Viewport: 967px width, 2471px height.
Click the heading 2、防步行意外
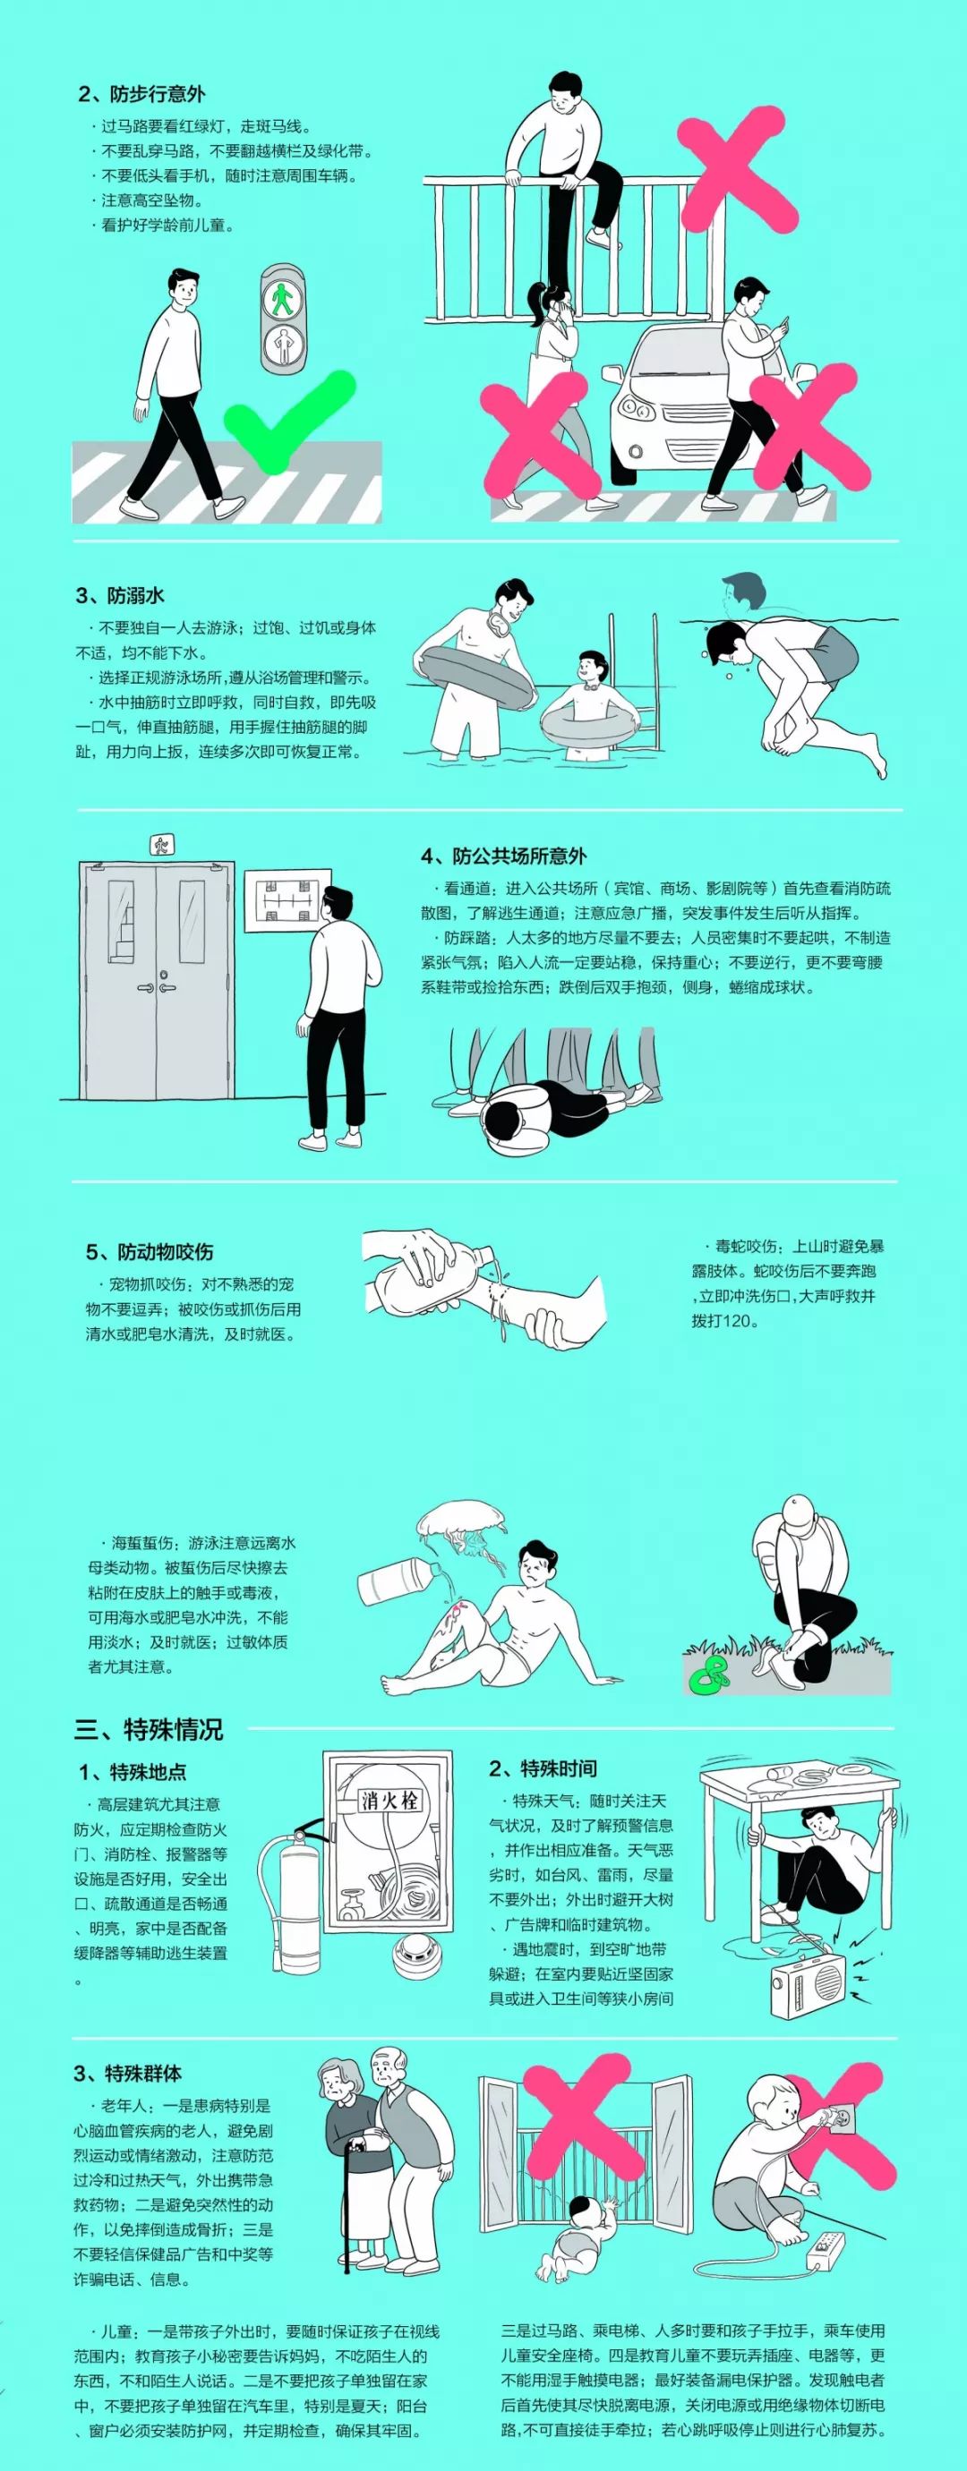click(142, 94)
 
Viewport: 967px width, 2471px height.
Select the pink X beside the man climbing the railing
click(737, 173)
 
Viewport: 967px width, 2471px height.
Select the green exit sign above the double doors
click(160, 845)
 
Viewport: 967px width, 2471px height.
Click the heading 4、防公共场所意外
click(503, 856)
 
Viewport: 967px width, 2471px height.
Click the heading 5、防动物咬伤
click(150, 1252)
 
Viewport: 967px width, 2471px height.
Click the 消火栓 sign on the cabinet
click(389, 1799)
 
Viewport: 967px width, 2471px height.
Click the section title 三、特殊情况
click(149, 1729)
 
